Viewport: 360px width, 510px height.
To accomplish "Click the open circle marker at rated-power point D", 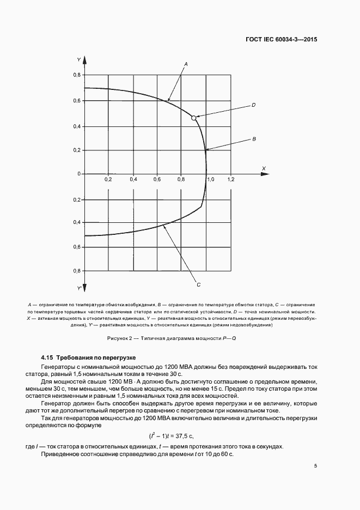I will pyautogui.click(x=193, y=118).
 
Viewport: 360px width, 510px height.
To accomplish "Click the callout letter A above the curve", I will pyautogui.click(x=186, y=64).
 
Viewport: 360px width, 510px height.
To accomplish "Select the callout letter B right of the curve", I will pyautogui.click(x=254, y=139).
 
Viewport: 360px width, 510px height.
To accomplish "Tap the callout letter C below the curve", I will pyautogui.click(x=199, y=284).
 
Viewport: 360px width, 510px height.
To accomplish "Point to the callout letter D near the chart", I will pyautogui.click(x=254, y=105).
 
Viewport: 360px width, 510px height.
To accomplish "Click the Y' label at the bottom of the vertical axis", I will pyautogui.click(x=80, y=288).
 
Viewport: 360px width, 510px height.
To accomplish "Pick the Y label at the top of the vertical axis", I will pyautogui.click(x=79, y=59).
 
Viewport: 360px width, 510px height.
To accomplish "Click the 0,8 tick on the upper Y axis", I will pyautogui.click(x=77, y=75).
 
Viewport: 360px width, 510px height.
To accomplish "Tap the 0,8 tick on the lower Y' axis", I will pyautogui.click(x=77, y=271).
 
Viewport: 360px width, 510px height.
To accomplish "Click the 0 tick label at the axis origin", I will pyautogui.click(x=78, y=174).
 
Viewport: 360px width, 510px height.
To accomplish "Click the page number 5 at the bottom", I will pyautogui.click(x=315, y=465).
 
